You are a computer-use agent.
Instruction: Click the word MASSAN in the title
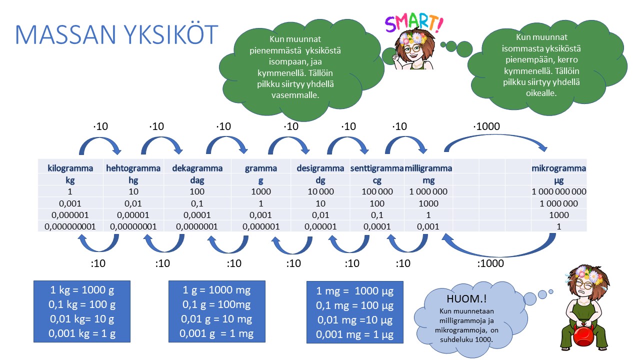[65, 34]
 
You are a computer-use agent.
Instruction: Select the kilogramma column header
[70, 168]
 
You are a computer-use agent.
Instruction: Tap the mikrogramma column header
[559, 168]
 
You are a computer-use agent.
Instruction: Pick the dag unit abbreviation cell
[197, 180]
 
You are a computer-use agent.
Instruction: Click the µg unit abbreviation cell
[559, 180]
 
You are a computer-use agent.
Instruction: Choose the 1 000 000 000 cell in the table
[559, 191]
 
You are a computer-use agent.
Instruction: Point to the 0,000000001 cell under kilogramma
[70, 226]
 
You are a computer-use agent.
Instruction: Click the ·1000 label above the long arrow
[486, 126]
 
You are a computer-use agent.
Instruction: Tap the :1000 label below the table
[490, 263]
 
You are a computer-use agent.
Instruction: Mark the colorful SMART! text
[414, 23]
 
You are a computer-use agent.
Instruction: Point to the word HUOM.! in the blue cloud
[466, 298]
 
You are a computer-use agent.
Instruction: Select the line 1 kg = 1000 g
[82, 290]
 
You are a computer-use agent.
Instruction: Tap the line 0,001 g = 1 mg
[216, 333]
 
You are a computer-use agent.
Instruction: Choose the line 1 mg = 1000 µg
[355, 291]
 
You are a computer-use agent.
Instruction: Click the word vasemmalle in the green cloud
[295, 95]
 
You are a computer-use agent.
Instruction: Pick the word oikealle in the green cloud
[541, 93]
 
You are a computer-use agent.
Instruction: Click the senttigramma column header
[377, 168]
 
